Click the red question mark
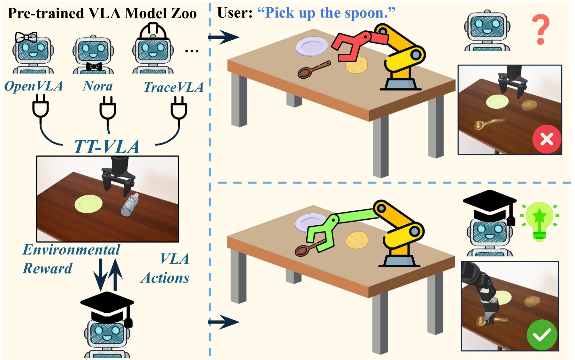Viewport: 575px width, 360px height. [x=540, y=30]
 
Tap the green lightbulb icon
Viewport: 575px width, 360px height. [x=540, y=221]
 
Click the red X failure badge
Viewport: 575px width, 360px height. [x=547, y=139]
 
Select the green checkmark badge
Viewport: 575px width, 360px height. [x=542, y=335]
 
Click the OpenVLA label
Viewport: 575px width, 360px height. [x=34, y=86]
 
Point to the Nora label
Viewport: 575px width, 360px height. [x=98, y=86]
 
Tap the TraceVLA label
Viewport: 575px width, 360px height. [x=173, y=87]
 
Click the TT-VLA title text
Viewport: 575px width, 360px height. [x=107, y=147]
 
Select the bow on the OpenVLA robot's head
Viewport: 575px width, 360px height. [x=27, y=37]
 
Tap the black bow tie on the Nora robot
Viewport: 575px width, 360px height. [x=94, y=67]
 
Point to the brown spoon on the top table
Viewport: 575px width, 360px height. [x=314, y=70]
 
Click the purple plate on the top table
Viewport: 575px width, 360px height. [x=311, y=46]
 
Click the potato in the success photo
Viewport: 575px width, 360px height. [x=533, y=301]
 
